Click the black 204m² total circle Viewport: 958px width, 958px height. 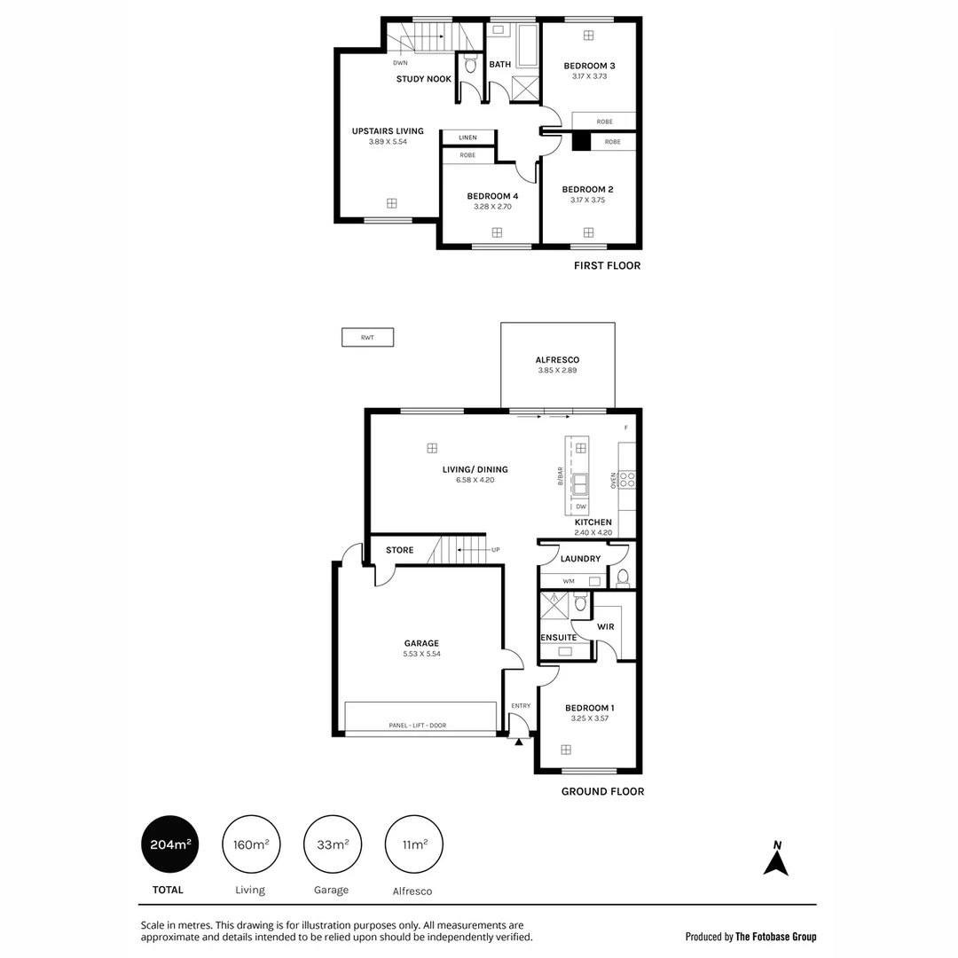pos(169,844)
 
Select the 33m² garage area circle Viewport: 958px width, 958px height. pos(333,844)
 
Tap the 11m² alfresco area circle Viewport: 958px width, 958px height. pos(413,844)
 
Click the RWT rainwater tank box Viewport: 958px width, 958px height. pos(367,337)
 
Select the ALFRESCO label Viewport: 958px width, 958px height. pos(557,359)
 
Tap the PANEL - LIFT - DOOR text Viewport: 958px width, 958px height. pos(417,726)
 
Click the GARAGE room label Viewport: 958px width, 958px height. pos(421,643)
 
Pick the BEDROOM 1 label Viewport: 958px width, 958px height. pos(590,708)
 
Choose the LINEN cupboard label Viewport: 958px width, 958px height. pos(467,137)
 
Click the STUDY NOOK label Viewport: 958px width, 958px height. pos(423,79)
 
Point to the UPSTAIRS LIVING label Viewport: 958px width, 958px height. pos(388,131)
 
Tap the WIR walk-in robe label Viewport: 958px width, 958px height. pos(606,626)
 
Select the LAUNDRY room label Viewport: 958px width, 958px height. pos(580,559)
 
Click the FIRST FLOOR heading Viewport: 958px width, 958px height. pos(607,265)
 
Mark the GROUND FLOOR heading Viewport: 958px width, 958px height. pos(602,791)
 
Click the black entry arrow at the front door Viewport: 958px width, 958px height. pos(519,741)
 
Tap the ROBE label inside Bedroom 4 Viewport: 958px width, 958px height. pos(467,155)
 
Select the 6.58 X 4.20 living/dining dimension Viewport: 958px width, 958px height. pos(475,480)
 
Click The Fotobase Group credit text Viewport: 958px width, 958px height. pos(775,937)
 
